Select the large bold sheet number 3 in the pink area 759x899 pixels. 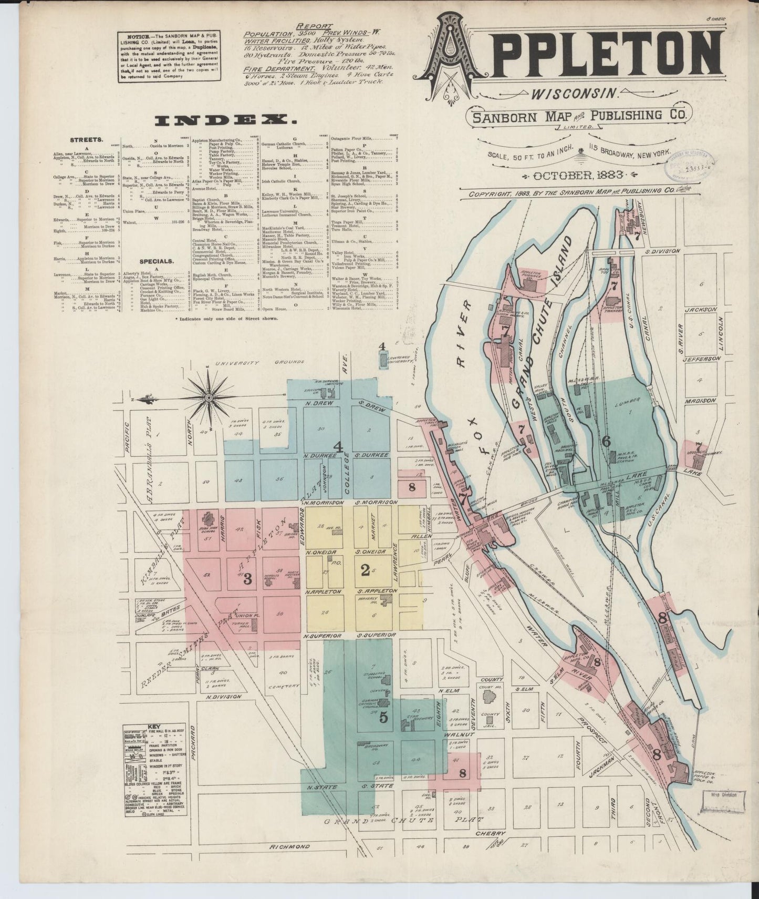247,579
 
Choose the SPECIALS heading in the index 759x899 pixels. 156,261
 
